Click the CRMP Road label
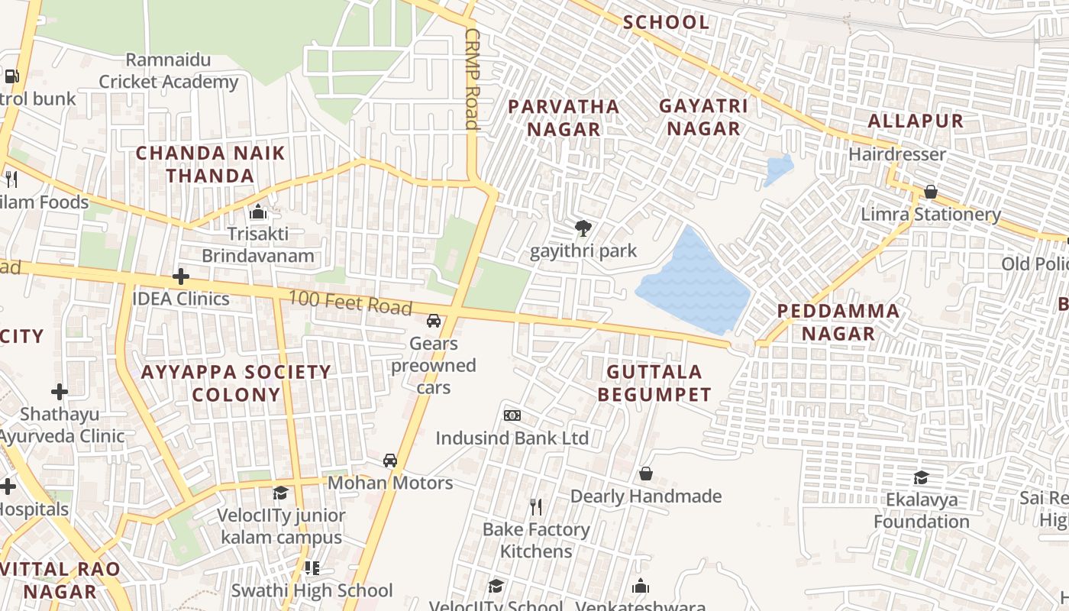click(471, 79)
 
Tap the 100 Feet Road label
click(351, 302)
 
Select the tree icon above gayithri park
click(583, 228)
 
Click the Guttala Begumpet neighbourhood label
click(654, 383)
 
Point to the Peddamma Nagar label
click(838, 322)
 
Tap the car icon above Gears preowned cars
click(434, 321)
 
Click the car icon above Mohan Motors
click(390, 461)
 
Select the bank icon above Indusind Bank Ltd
click(512, 415)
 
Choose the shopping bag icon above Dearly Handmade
click(645, 474)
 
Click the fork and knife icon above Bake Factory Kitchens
click(536, 506)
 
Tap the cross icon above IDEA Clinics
click(181, 276)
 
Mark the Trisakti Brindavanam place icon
click(258, 212)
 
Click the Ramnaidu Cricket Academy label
click(169, 71)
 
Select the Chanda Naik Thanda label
click(210, 164)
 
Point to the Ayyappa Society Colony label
click(237, 383)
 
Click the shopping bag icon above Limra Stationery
click(930, 192)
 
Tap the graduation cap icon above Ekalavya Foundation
click(922, 478)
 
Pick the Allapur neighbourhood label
click(916, 121)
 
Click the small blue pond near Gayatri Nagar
click(778, 170)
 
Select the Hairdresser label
click(897, 154)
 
